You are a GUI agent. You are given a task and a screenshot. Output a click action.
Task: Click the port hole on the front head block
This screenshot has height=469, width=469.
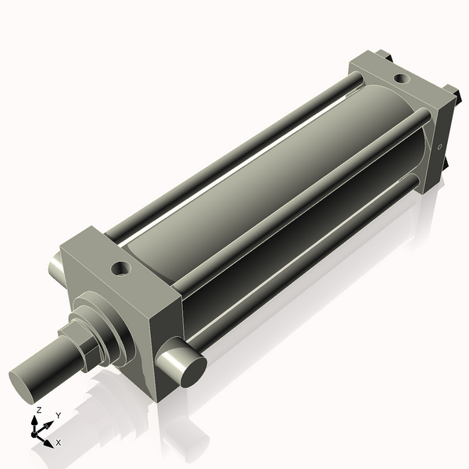120,268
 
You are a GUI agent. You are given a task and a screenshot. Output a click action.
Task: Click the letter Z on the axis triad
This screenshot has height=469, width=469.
38,410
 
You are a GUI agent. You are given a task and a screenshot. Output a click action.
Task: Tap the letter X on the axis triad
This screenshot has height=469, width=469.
59,442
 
